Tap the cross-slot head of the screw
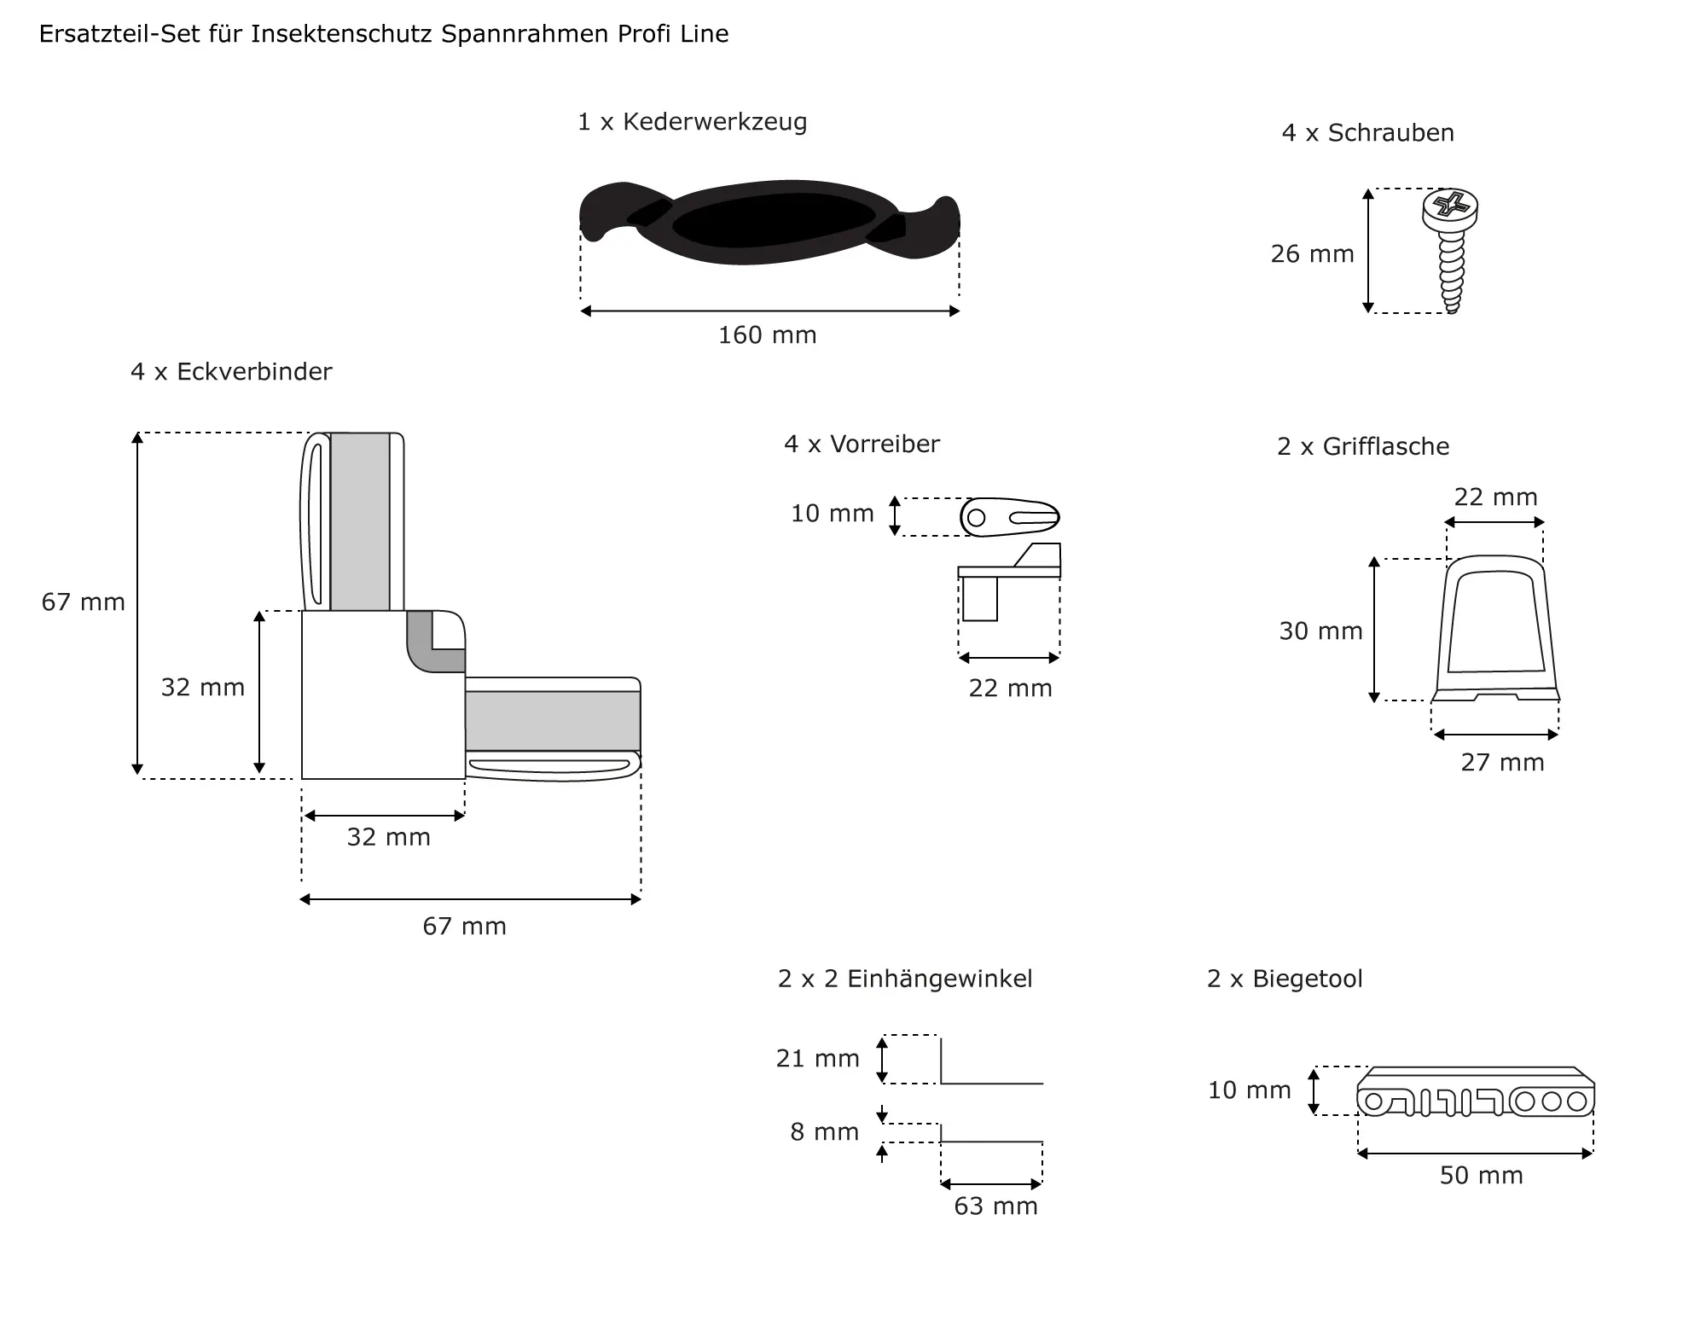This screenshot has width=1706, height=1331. (x=1450, y=206)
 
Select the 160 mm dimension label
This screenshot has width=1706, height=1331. (x=767, y=335)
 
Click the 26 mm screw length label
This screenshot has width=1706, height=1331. (x=1312, y=254)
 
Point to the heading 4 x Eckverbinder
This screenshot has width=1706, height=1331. (x=231, y=372)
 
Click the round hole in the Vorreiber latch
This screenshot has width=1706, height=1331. (x=977, y=517)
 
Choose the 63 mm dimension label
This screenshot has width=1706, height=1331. (x=995, y=1206)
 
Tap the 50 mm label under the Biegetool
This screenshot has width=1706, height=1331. (x=1481, y=1176)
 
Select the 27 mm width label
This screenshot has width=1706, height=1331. (x=1502, y=763)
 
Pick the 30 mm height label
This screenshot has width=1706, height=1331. (x=1320, y=631)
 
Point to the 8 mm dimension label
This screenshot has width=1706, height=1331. (x=824, y=1132)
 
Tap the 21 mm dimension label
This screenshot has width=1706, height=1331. (x=817, y=1059)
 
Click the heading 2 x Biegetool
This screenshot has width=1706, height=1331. (x=1285, y=979)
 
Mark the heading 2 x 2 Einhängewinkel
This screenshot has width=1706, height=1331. (x=905, y=979)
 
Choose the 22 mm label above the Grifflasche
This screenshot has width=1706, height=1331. (x=1495, y=497)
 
